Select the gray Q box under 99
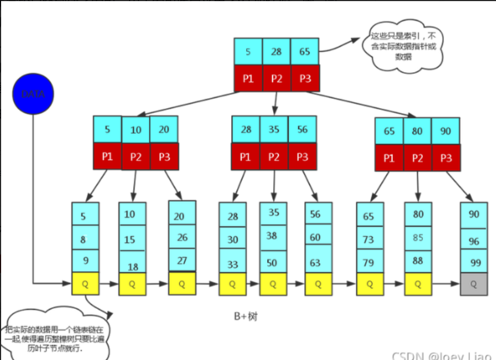(x=474, y=284)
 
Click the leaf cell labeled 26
(x=182, y=237)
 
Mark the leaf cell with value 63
(x=318, y=261)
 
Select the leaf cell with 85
(x=418, y=237)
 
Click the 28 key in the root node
(x=276, y=52)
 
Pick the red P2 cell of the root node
(x=276, y=78)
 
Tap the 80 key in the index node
(x=417, y=131)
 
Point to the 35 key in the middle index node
(x=274, y=129)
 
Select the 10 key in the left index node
(x=136, y=130)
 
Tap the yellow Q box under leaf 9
(x=85, y=283)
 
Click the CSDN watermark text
(x=441, y=354)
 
